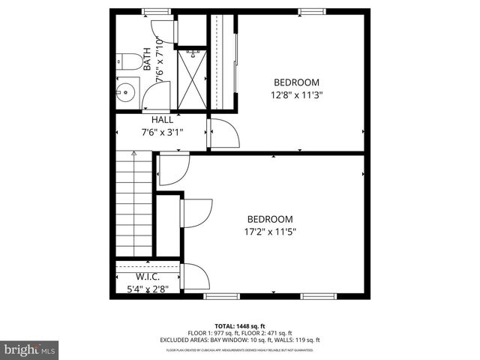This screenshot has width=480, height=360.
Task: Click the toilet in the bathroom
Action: pos(126,62)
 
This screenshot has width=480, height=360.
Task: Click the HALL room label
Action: pos(162,119)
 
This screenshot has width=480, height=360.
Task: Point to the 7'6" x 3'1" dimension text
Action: pos(162,132)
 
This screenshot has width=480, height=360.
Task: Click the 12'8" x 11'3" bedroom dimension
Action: pos(296,94)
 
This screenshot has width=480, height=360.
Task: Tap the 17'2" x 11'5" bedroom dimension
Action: pos(271,232)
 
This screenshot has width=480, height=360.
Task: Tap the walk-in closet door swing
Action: pos(193,277)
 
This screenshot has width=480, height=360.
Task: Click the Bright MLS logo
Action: pos(30,349)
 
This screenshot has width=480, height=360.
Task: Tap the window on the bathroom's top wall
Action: pos(154,10)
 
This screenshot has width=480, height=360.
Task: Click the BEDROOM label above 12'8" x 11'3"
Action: pos(296,82)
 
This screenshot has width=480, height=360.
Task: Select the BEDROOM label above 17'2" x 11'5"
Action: pos(270,219)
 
